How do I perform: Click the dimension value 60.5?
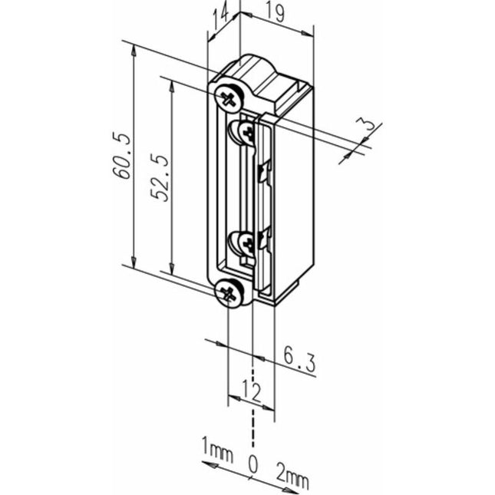point(122,156)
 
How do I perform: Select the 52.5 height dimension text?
point(160,175)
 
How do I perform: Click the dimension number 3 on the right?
point(368,124)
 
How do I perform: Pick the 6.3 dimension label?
point(299,361)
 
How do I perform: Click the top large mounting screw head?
point(229,97)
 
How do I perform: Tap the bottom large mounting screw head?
point(229,292)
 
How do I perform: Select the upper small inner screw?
point(246,133)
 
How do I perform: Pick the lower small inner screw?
point(246,244)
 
